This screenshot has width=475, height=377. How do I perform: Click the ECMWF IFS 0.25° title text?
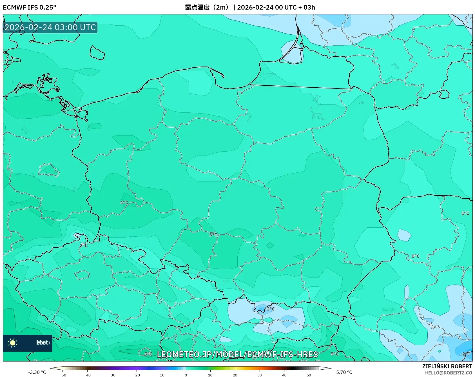click(29, 7)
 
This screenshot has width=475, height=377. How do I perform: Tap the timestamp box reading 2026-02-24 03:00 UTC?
click(50, 28)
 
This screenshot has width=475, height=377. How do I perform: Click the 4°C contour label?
click(124, 203)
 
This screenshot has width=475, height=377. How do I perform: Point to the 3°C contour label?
click(213, 235)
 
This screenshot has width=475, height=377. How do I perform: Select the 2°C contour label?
click(84, 245)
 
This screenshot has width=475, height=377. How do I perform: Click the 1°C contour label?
click(465, 213)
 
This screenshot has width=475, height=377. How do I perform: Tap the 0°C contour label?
click(415, 256)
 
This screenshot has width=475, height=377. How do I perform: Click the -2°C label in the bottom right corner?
click(465, 354)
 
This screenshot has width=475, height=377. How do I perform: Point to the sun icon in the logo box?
click(13, 343)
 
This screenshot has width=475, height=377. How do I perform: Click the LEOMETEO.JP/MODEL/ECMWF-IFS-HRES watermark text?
click(237, 354)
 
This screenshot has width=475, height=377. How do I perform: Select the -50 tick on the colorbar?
click(63, 375)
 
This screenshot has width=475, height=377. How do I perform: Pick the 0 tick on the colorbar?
click(186, 375)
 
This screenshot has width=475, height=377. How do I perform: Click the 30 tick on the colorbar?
click(259, 375)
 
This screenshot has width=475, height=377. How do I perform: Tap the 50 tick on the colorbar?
click(309, 375)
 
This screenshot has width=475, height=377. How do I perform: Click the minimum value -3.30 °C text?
click(37, 372)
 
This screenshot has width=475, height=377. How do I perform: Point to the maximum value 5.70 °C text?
click(344, 372)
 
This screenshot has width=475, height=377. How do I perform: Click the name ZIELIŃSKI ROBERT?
click(447, 366)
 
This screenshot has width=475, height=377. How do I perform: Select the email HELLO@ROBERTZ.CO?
click(448, 373)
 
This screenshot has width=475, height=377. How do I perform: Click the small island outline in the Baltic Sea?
click(97, 53)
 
